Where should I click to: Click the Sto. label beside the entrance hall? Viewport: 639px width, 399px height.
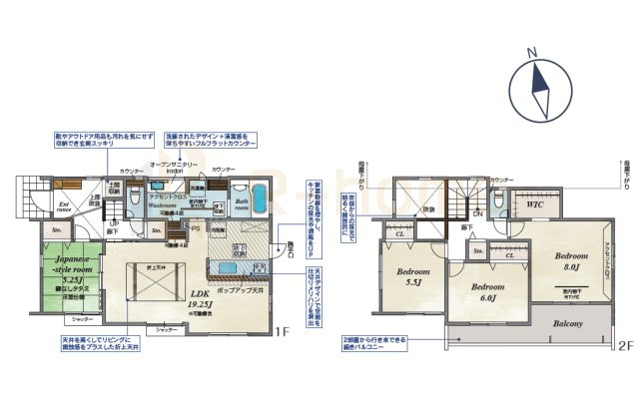coord(56,230)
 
